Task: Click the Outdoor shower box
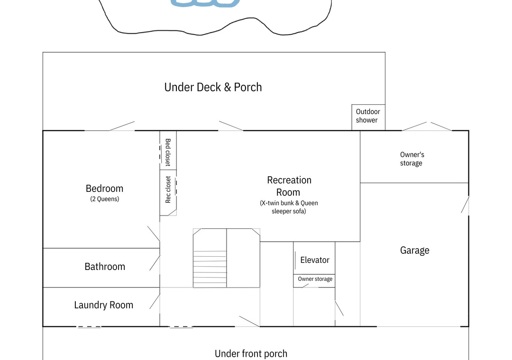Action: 368,117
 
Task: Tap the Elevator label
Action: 315,260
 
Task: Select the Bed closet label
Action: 168,153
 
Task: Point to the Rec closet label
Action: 168,189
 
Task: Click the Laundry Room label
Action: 103,305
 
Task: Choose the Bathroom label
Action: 105,267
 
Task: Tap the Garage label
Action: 415,250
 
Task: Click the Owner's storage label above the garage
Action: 412,159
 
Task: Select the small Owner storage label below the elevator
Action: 315,279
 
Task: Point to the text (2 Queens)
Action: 104,199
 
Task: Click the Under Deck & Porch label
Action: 213,87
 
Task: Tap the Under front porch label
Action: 251,353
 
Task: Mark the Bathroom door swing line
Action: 155,263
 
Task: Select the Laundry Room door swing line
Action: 155,301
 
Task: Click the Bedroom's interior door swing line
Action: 154,234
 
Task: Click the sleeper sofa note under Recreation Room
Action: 289,207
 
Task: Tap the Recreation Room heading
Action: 289,186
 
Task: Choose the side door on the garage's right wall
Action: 465,205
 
